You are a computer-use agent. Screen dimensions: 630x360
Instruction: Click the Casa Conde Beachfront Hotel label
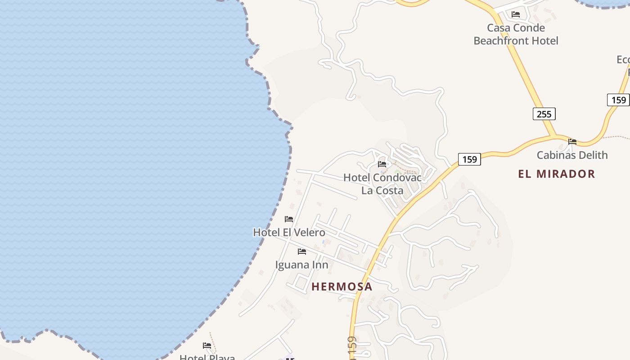pyautogui.click(x=516, y=34)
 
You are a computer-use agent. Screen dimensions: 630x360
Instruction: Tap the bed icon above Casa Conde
pyautogui.click(x=516, y=14)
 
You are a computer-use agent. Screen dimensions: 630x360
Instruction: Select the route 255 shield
pyautogui.click(x=544, y=114)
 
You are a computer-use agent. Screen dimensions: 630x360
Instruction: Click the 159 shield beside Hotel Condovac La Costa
pyautogui.click(x=469, y=159)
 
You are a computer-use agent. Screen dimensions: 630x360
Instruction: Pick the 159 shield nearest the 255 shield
pyautogui.click(x=618, y=99)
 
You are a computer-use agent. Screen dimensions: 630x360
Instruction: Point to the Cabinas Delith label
pyautogui.click(x=572, y=155)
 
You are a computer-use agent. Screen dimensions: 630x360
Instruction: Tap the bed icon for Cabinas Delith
pyautogui.click(x=572, y=141)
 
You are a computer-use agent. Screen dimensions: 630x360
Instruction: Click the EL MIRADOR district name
pyautogui.click(x=557, y=174)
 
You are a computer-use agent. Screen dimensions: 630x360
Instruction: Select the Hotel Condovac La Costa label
pyautogui.click(x=382, y=184)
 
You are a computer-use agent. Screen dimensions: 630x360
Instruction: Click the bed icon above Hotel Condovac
pyautogui.click(x=382, y=164)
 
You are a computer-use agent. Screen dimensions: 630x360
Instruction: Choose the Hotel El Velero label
pyautogui.click(x=289, y=233)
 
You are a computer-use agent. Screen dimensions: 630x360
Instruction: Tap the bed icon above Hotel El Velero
pyautogui.click(x=289, y=219)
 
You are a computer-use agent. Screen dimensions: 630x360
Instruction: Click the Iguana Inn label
pyautogui.click(x=301, y=265)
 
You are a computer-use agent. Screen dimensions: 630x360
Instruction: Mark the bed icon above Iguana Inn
pyautogui.click(x=302, y=251)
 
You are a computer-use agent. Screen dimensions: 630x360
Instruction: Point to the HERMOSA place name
pyautogui.click(x=342, y=287)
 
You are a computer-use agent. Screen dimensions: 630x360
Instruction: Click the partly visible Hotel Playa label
pyautogui.click(x=207, y=357)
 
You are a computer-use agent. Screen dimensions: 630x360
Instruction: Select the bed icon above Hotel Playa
pyautogui.click(x=207, y=346)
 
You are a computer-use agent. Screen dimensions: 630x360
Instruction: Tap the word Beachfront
pyautogui.click(x=516, y=41)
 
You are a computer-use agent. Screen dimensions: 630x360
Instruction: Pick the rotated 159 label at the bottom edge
pyautogui.click(x=352, y=348)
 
